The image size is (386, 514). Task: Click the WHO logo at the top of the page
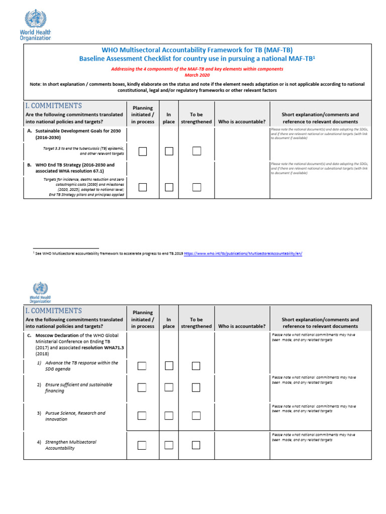pos(38,26)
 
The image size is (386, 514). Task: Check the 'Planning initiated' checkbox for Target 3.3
pos(143,152)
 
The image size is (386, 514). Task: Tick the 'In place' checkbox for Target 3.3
pos(169,152)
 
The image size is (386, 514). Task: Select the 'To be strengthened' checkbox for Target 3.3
pos(197,152)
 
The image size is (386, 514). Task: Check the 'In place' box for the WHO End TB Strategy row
pos(169,187)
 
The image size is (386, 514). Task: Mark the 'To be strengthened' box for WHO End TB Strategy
pos(197,187)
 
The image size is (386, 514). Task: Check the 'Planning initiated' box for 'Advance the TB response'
pos(142,366)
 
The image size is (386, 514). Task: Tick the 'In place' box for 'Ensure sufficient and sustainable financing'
pos(169,387)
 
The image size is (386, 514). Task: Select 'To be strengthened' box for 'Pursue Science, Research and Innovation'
pos(196,416)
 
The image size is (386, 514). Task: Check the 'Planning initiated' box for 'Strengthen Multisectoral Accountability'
pos(142,445)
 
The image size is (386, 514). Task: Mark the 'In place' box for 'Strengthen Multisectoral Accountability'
pos(169,445)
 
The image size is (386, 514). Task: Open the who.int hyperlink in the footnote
pos(243,254)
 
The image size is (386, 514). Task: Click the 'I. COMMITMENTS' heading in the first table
pos(53,106)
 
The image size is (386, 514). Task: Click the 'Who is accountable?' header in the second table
pos(242,326)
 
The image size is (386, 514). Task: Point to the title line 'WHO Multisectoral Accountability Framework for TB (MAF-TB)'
pos(197,50)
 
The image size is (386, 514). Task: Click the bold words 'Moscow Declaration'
pos(56,335)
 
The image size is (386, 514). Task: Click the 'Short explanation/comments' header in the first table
pos(320,114)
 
